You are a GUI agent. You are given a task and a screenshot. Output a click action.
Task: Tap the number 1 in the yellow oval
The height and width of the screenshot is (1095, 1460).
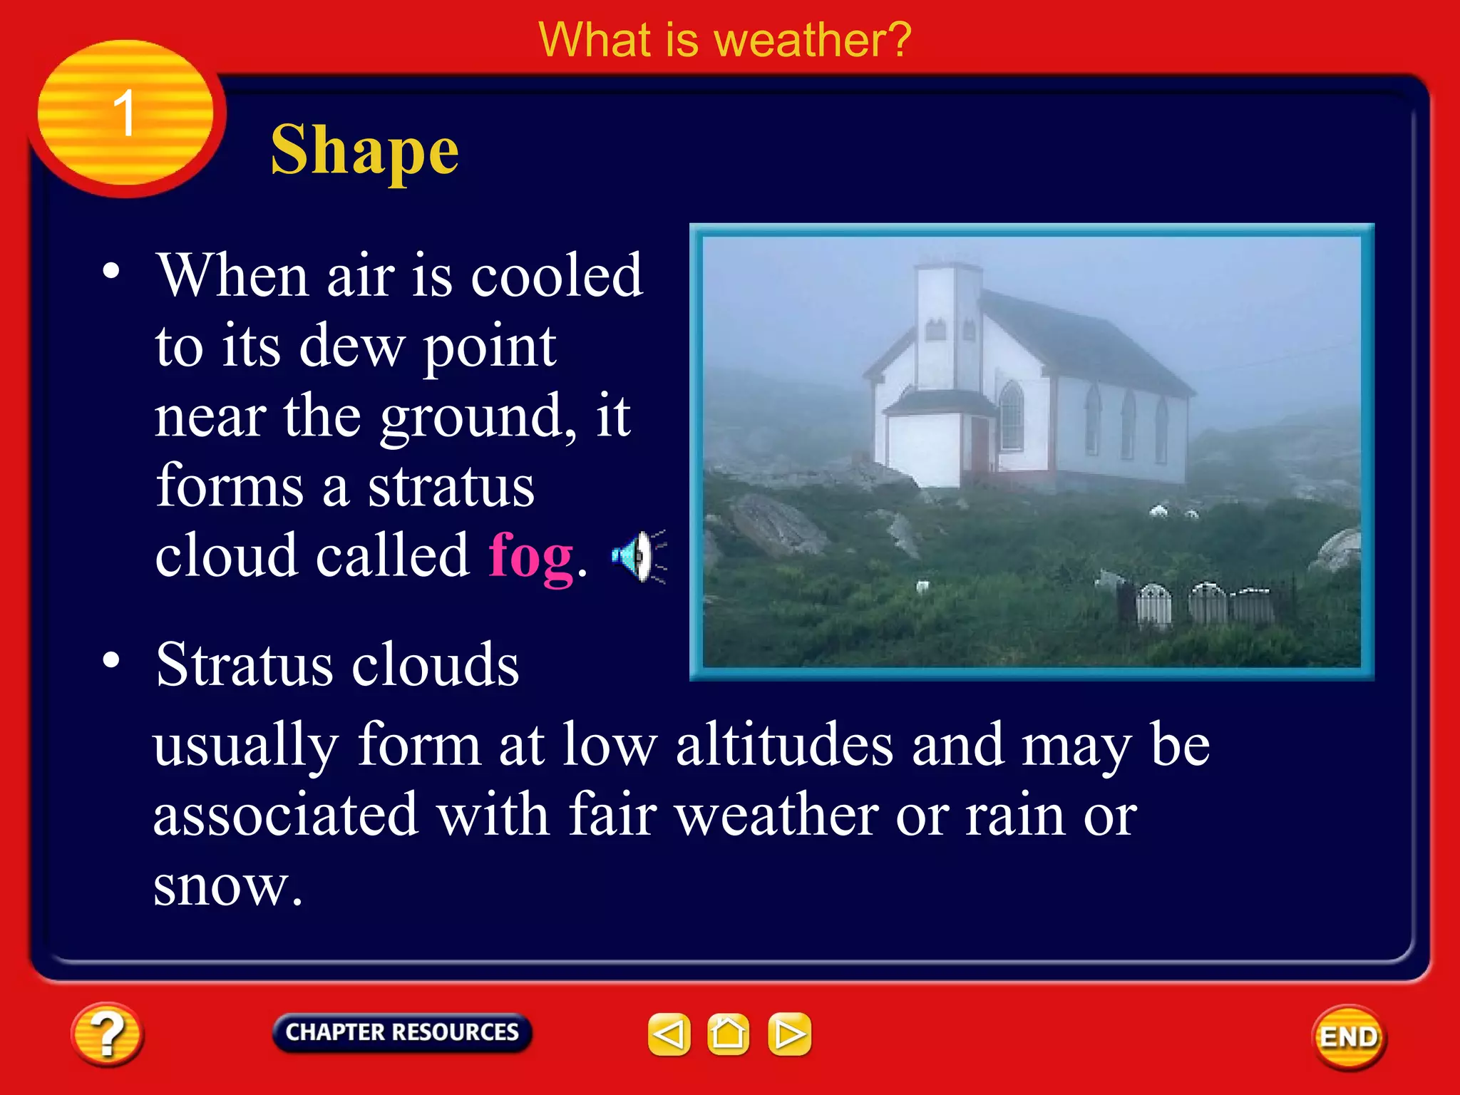[x=125, y=113]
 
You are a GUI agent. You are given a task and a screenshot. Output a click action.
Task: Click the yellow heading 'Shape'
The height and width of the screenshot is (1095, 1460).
[x=364, y=150]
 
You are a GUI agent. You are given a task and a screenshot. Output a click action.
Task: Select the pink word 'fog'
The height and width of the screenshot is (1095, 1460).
[x=531, y=557]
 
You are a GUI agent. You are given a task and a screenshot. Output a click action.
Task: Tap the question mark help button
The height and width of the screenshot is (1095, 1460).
[x=107, y=1034]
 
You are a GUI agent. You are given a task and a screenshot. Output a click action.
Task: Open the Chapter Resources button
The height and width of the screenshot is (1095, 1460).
[x=401, y=1032]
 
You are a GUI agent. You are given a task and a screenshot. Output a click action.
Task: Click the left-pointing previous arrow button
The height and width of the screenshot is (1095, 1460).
[x=669, y=1034]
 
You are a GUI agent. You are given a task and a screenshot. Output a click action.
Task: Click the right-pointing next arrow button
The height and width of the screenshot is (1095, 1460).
[x=789, y=1034]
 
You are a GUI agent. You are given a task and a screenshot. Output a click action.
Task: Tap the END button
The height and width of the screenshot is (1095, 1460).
[x=1349, y=1037]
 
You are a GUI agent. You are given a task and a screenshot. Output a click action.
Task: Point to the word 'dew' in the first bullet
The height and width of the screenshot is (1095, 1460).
[x=351, y=346]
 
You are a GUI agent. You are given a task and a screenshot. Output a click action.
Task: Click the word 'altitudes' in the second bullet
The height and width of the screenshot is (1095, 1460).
[x=784, y=745]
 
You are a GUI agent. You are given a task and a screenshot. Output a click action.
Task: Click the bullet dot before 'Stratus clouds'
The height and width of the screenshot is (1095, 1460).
[x=111, y=660]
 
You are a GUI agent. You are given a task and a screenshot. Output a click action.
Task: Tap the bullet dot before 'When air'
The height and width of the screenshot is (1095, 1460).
[x=111, y=271]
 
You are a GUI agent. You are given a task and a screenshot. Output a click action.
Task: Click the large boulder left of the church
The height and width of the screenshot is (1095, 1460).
[x=773, y=524]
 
